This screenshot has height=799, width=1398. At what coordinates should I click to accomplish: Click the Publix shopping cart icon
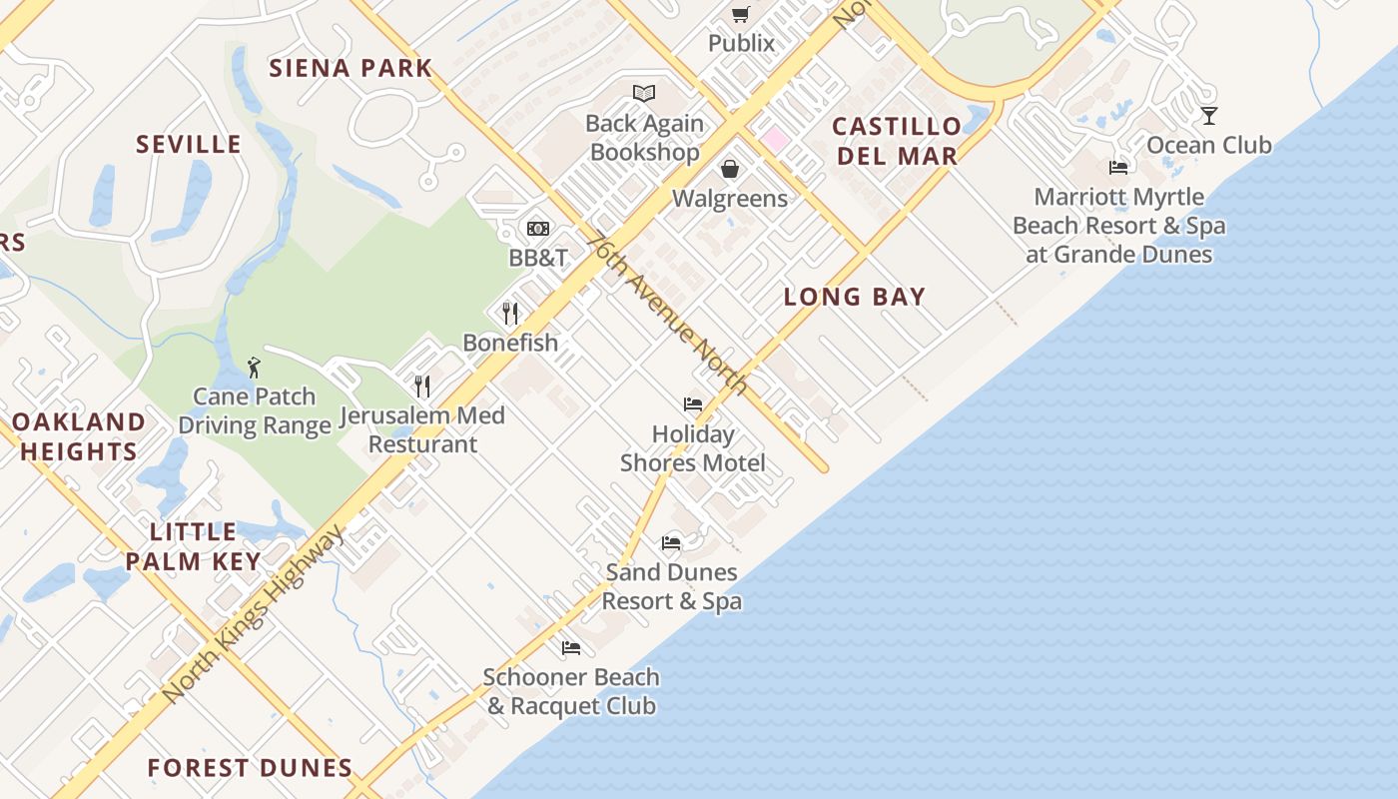pos(740,14)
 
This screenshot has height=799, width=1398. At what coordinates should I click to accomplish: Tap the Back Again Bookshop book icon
pos(644,94)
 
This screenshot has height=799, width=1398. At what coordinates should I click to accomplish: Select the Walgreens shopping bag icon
pos(730,169)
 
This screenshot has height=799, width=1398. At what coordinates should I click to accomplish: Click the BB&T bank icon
pos(538,229)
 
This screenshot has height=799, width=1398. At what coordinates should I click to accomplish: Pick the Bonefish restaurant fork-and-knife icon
pos(510,313)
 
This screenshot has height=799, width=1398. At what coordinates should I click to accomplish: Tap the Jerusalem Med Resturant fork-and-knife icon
pos(422,386)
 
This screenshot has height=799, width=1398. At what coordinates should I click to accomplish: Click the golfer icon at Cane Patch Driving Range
pos(254,367)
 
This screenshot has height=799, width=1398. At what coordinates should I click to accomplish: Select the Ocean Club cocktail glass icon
pos(1208,116)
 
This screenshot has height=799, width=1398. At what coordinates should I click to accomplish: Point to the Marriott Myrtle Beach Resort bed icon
pos(1118,168)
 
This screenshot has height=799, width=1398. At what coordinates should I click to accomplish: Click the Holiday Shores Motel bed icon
pos(693,404)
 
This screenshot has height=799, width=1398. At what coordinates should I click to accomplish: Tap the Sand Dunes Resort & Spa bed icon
pos(671,543)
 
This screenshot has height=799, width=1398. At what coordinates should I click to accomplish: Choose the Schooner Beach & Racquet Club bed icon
pos(571,648)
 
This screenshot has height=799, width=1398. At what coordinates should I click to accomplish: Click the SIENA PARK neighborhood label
pos(350,68)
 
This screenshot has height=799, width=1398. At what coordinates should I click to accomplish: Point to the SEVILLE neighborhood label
pos(189,144)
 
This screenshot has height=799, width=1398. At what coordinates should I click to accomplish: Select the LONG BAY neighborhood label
pos(854,297)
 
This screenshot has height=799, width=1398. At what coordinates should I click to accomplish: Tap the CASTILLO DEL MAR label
pos(897,141)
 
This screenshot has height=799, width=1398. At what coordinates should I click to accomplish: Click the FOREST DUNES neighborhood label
pos(250,768)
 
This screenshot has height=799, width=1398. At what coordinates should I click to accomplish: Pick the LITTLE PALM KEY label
pos(194,546)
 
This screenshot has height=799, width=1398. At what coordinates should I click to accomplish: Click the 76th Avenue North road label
pos(668,314)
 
